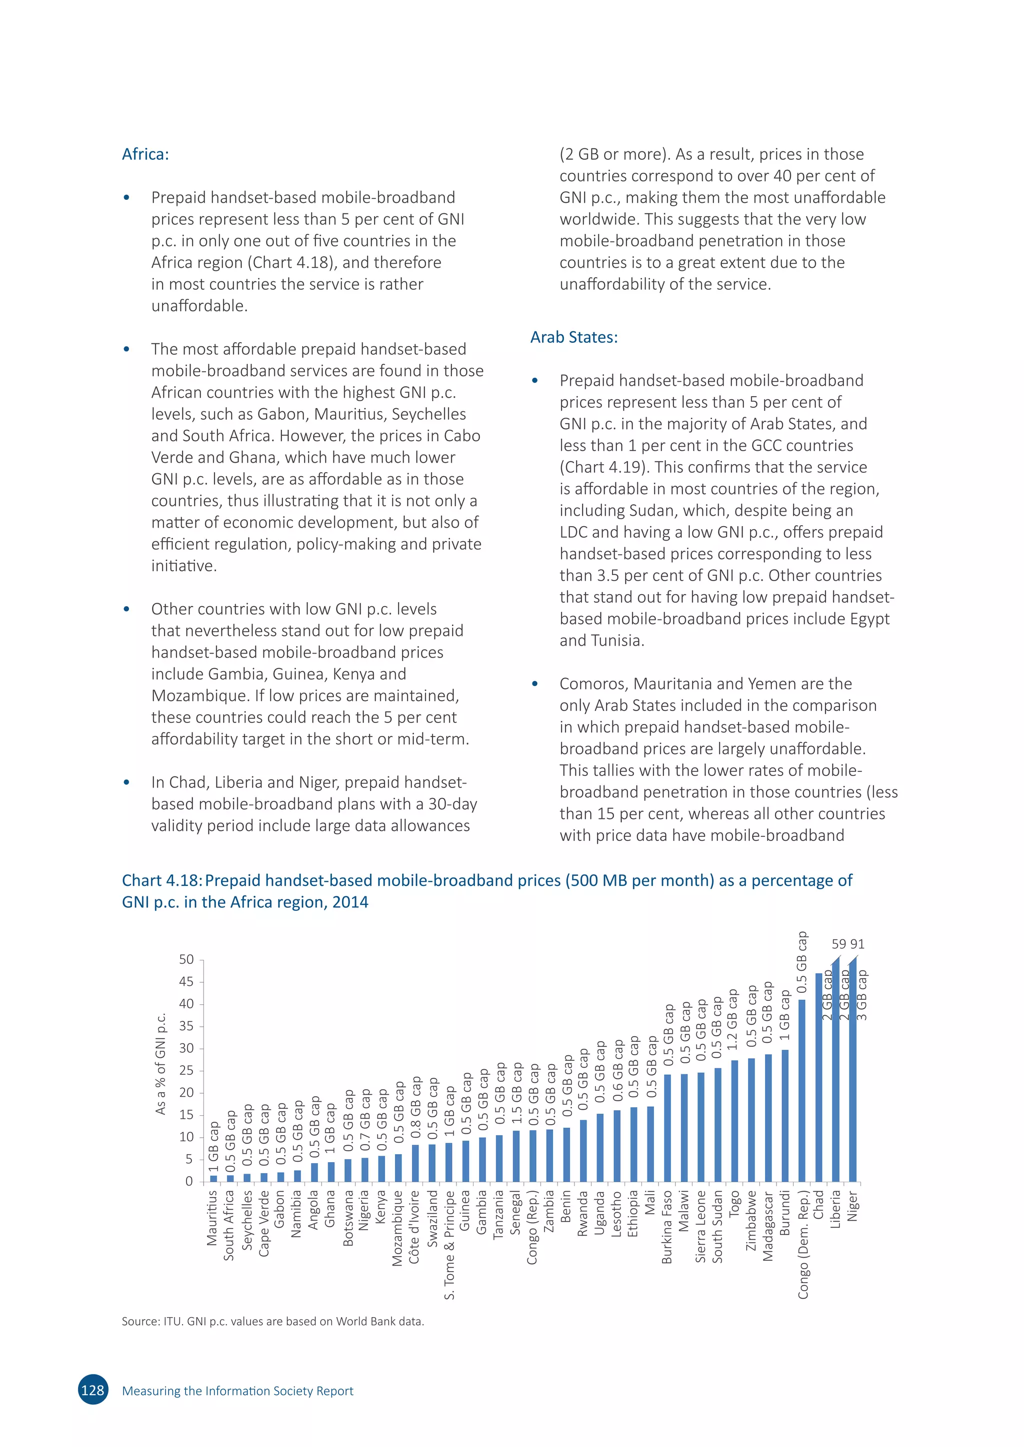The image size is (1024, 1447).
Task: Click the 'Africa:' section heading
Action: (145, 154)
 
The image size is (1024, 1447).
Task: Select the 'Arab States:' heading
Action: (574, 337)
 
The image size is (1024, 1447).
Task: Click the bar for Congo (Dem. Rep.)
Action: (802, 1092)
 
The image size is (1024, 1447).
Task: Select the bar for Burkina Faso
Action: (667, 1128)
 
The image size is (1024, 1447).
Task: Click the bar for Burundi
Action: (785, 1116)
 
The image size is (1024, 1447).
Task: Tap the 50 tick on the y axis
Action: (186, 960)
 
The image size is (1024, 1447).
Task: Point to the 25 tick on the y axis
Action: (186, 1071)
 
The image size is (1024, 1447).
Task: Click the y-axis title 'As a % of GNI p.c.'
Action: (161, 1064)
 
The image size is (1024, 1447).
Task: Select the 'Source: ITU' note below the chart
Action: (272, 1321)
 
